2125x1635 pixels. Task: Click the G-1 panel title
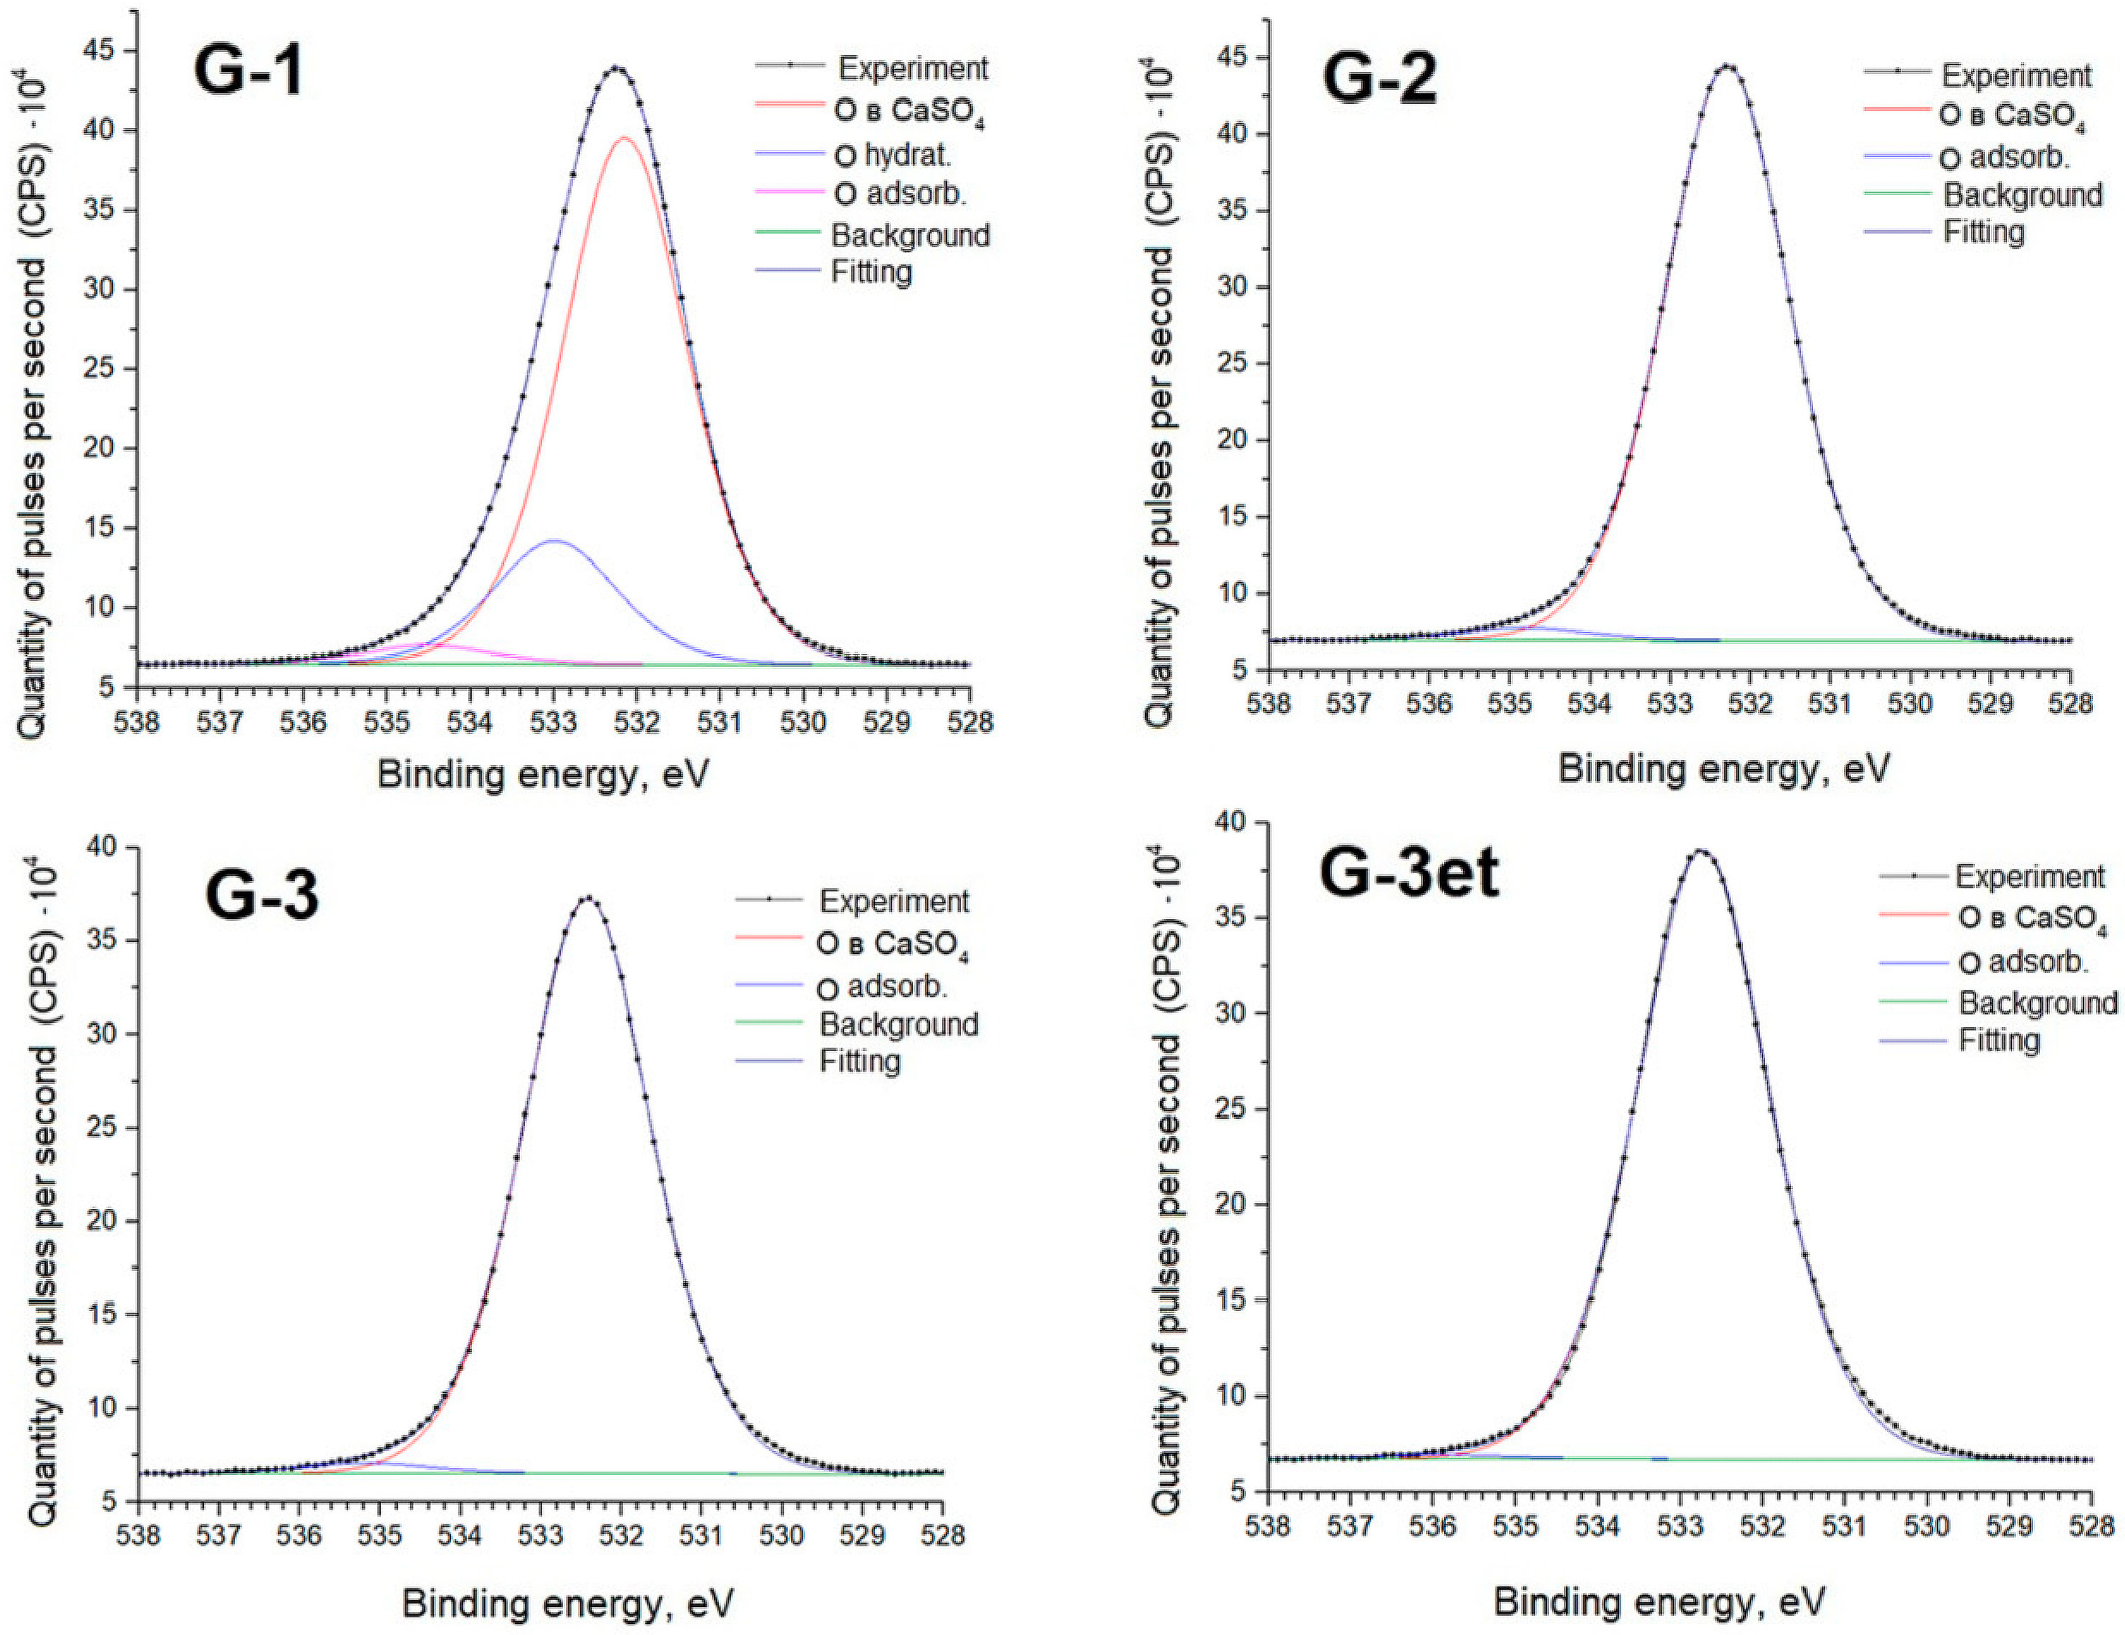click(249, 71)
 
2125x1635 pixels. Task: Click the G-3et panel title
click(1408, 873)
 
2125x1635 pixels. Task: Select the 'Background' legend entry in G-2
click(2022, 195)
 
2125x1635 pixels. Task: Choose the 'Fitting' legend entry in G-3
click(859, 1060)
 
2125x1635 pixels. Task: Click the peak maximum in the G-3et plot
click(1700, 851)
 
